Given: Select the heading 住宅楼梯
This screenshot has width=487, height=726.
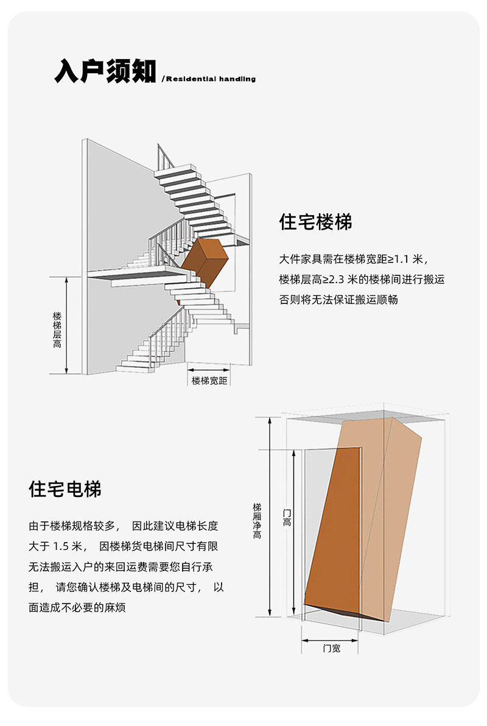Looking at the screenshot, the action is point(315,222).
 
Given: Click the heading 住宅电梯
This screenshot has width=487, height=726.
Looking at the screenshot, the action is point(65,488).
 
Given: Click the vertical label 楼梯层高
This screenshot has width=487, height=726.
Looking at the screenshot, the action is point(57,330).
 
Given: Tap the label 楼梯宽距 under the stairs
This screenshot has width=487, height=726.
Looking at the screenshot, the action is point(209,381).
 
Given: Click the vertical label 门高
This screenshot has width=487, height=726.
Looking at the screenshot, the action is point(287,518).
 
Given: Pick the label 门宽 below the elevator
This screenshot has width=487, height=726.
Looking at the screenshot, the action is point(331,649).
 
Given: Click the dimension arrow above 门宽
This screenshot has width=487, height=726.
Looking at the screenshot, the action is point(332,640).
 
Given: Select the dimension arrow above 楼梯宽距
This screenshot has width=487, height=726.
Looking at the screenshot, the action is point(209,368).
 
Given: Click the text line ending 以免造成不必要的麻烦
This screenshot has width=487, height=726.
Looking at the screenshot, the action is point(77,608).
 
